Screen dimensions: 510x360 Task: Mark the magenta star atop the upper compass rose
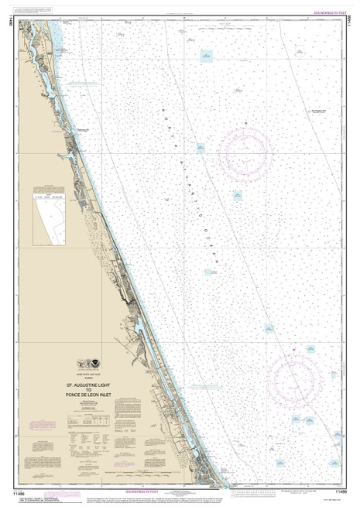(x=245, y=123)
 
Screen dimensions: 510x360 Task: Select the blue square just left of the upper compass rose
(x=199, y=146)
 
